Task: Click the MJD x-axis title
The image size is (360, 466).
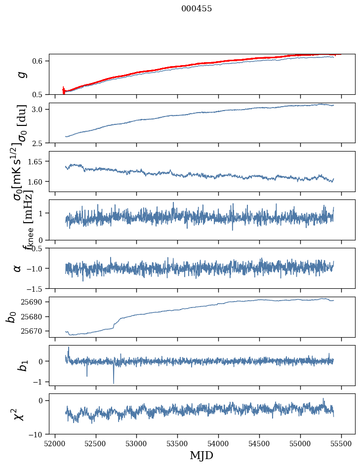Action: coord(201,455)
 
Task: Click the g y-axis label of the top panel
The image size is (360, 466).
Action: coord(21,75)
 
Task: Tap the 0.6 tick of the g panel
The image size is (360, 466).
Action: coord(40,61)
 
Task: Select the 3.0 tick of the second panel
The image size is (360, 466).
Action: coord(40,109)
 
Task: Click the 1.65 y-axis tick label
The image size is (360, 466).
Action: coord(38,161)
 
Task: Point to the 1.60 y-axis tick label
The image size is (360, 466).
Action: coord(38,182)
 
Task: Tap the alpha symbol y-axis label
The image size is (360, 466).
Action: coord(18,268)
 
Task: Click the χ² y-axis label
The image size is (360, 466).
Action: coord(19,414)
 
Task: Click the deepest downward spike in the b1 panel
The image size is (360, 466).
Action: coord(114,383)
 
